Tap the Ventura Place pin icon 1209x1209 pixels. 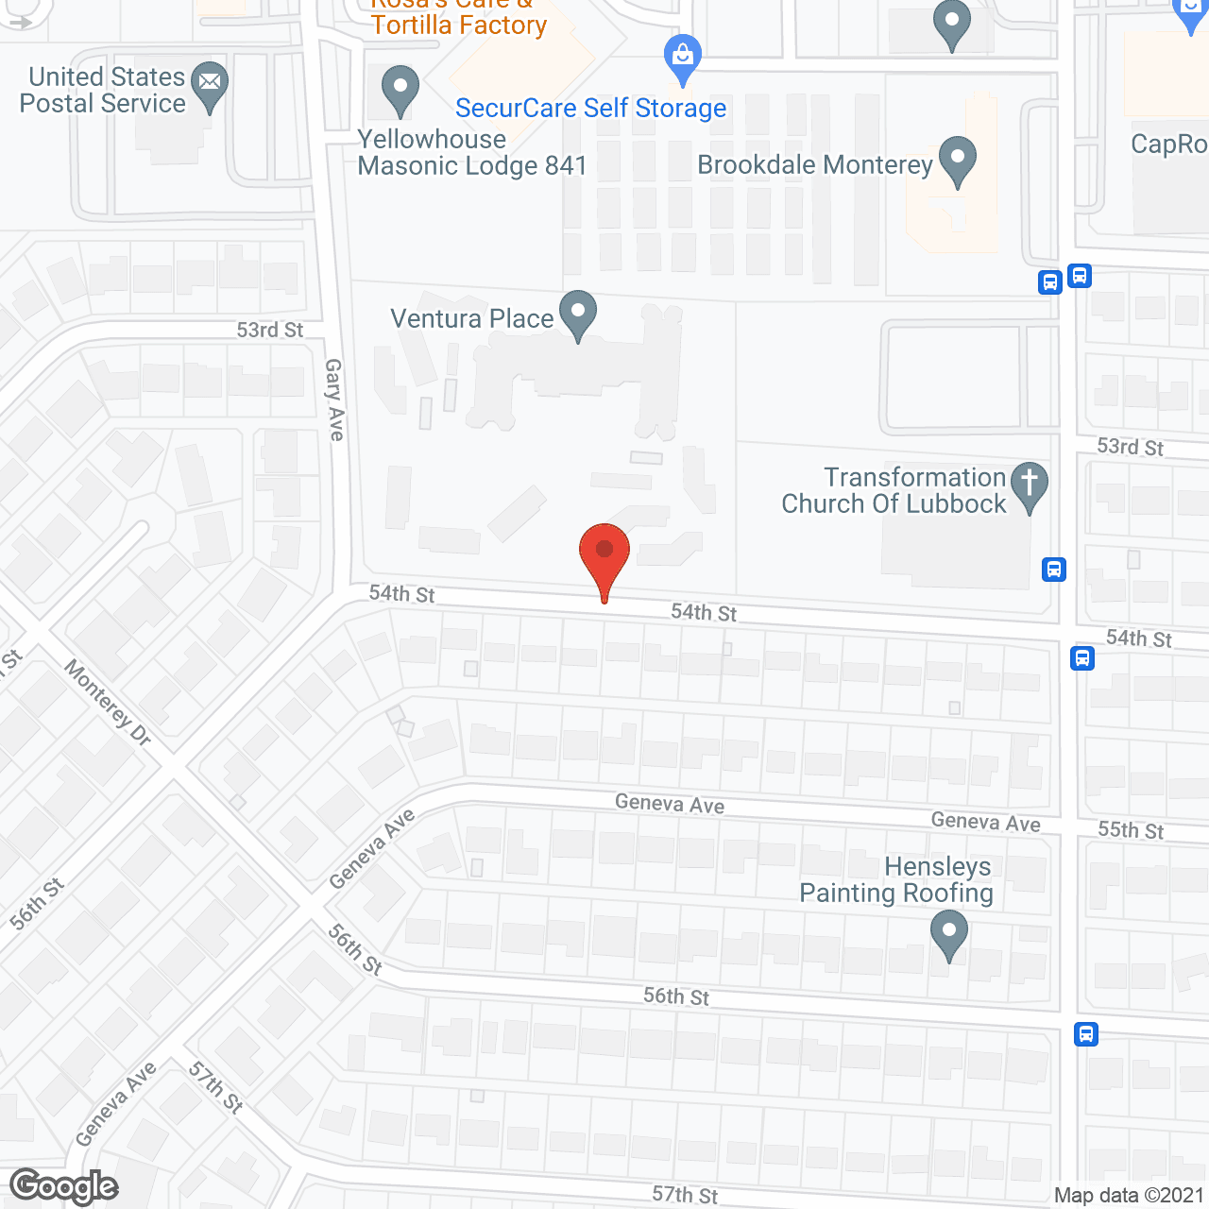[x=578, y=314]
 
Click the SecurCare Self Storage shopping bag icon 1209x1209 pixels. [x=682, y=59]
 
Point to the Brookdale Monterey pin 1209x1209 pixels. [x=958, y=160]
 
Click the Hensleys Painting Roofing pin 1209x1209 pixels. [x=948, y=934]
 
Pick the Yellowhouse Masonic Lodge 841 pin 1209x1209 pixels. [x=400, y=90]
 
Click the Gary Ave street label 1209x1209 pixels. [x=334, y=400]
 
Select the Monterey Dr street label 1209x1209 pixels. [x=108, y=703]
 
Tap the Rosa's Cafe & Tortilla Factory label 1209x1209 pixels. [x=459, y=19]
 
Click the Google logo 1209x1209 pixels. [x=64, y=1186]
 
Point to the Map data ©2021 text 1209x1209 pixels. [x=1130, y=1196]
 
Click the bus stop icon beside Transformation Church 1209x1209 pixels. [x=1054, y=570]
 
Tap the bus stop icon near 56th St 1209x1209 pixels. [x=1086, y=1034]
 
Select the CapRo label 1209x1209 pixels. [x=1169, y=145]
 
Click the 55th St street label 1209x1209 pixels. [x=1131, y=830]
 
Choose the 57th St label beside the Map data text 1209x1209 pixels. [x=685, y=1195]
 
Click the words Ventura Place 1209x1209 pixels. [x=472, y=319]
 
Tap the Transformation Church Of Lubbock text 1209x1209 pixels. [x=894, y=491]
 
